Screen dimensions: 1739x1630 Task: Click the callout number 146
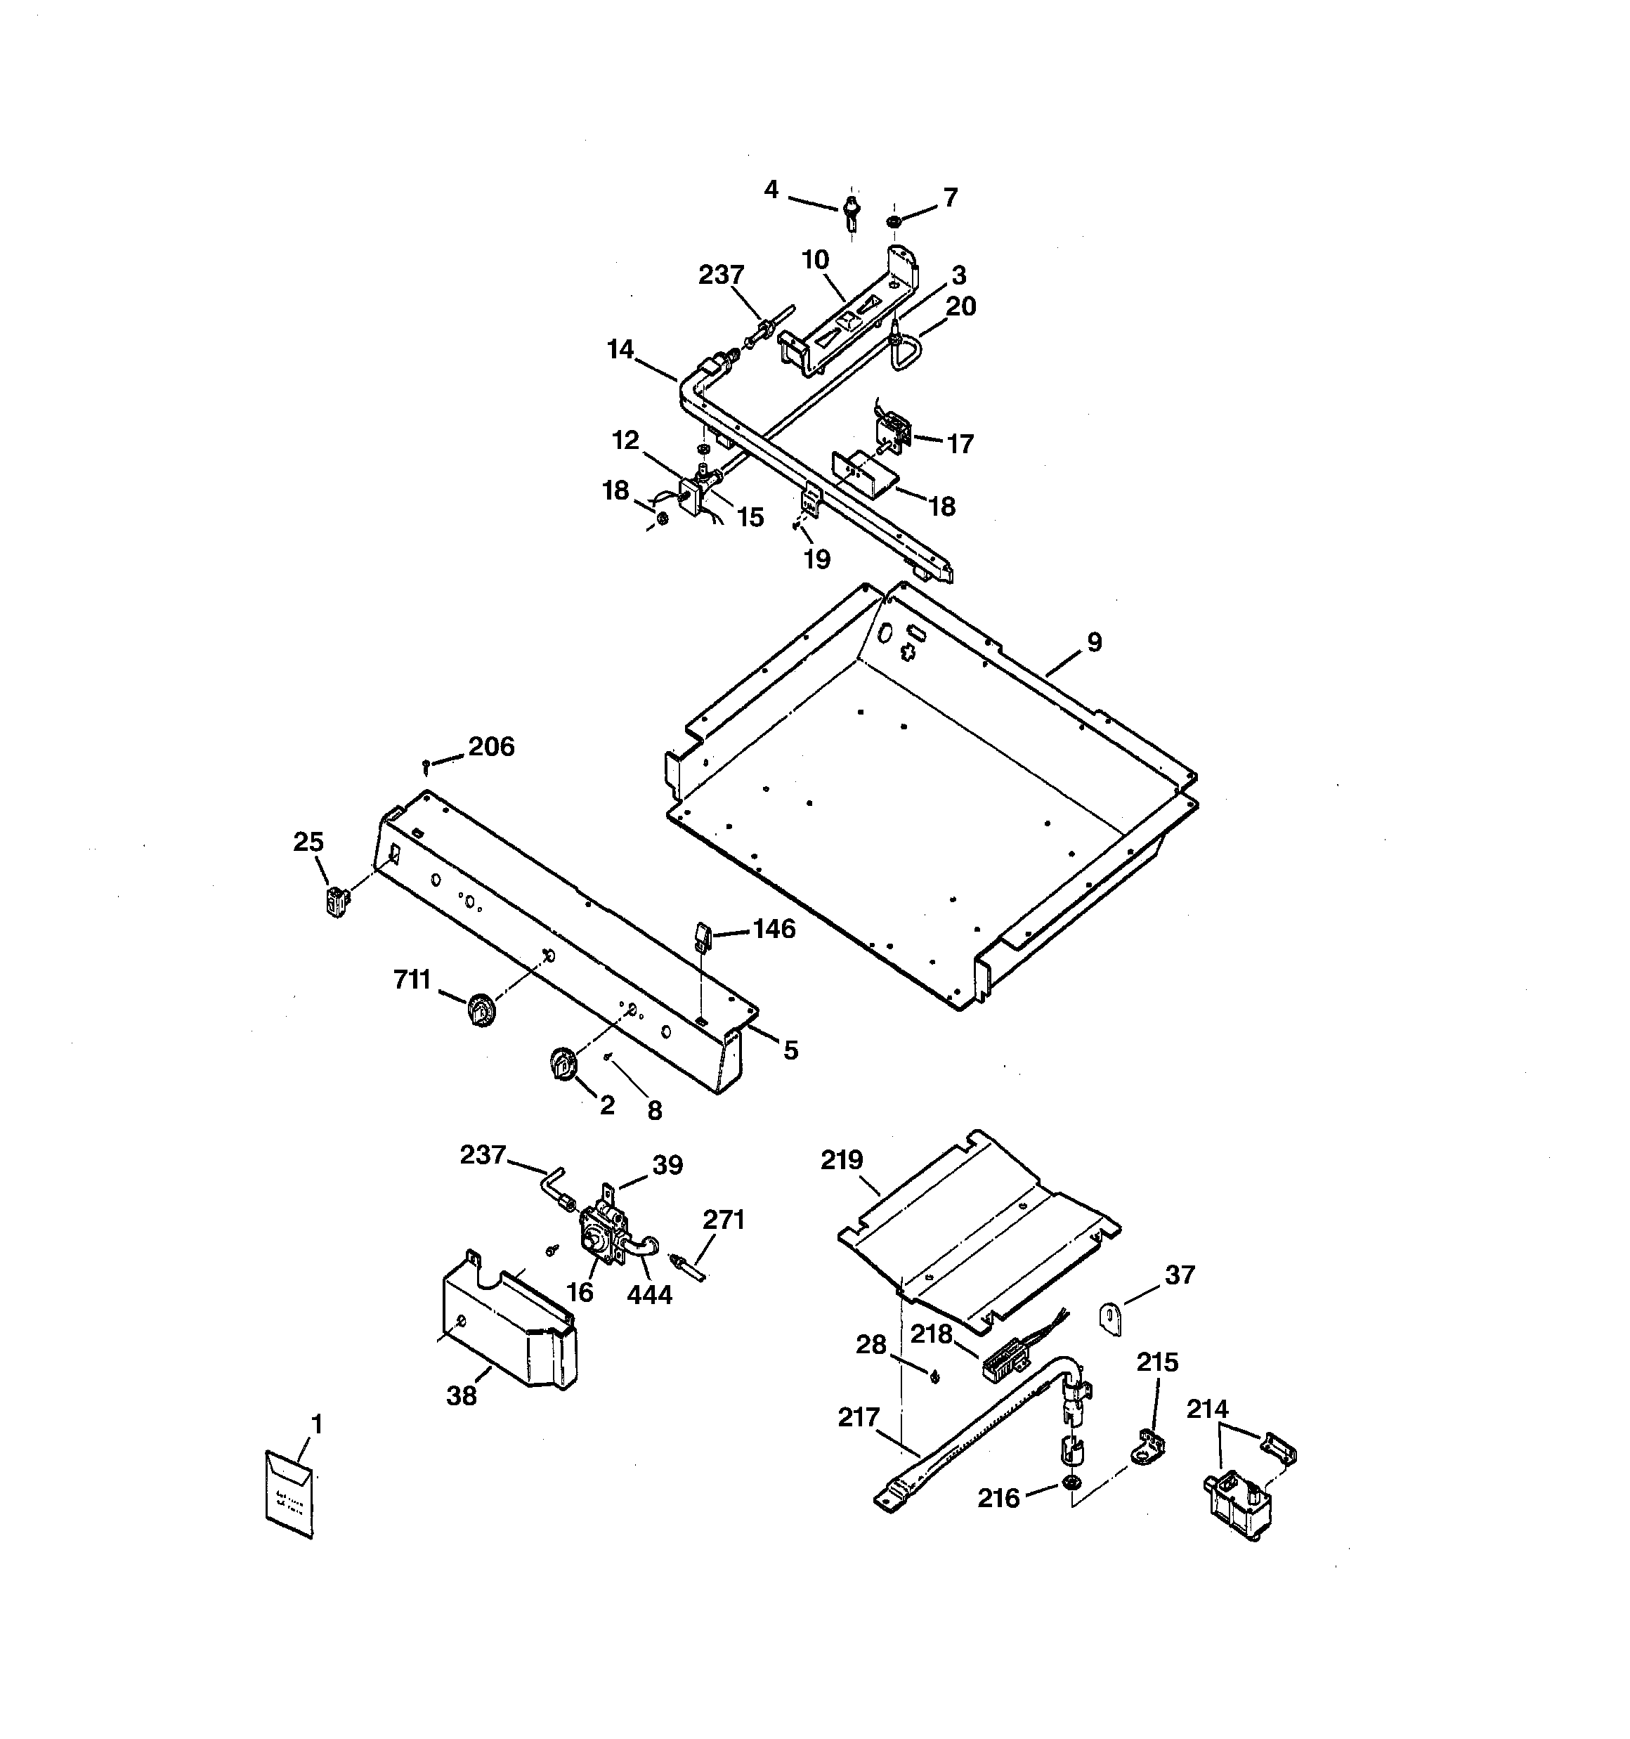[x=774, y=928]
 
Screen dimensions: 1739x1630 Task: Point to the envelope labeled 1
[x=289, y=1493]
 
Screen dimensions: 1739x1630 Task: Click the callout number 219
[x=842, y=1160]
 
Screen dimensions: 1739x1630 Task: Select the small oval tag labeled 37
[x=1110, y=1317]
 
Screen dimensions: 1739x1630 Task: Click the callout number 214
[x=1208, y=1409]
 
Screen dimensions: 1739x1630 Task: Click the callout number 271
[x=724, y=1219]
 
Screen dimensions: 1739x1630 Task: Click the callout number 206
[x=491, y=746]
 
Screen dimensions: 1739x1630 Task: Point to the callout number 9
[x=1095, y=642]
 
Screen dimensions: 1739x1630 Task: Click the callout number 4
[x=771, y=189]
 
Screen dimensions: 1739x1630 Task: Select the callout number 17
[x=960, y=444]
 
